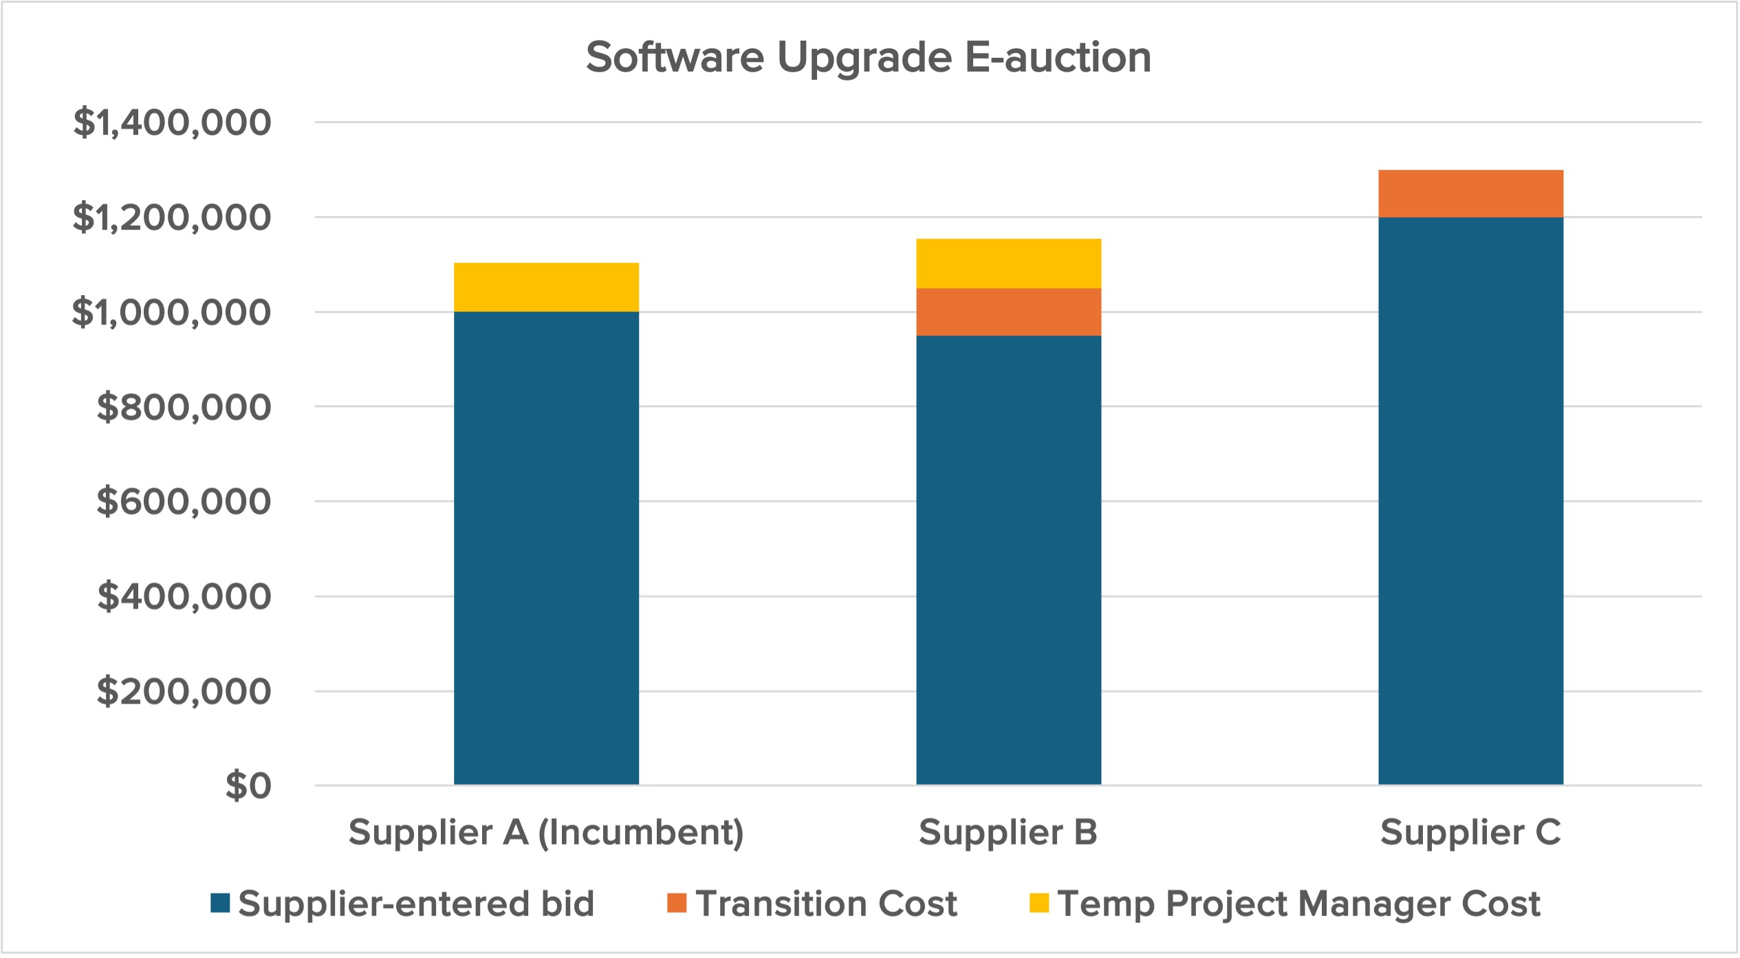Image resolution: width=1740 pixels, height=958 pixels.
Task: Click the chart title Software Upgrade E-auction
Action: click(x=868, y=57)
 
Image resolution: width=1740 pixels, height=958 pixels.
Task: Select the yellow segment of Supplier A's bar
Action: click(x=546, y=287)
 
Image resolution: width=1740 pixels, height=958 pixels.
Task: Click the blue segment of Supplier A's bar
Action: click(x=546, y=548)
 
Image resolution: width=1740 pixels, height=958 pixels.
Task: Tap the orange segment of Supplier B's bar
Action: click(x=1008, y=312)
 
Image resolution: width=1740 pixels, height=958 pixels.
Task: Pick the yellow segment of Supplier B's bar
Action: click(x=1008, y=263)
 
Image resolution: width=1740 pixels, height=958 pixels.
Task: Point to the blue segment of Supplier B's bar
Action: click(x=1008, y=560)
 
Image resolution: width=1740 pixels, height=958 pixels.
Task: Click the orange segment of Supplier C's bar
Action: click(x=1470, y=194)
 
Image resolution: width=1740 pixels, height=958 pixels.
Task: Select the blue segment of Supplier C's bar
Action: click(x=1470, y=501)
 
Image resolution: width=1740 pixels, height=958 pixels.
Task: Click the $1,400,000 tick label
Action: click(x=172, y=123)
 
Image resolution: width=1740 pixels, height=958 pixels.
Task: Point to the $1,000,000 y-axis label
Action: click(x=172, y=313)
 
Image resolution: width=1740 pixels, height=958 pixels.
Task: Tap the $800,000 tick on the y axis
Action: click(x=184, y=407)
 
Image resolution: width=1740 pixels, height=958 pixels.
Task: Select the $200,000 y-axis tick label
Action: click(x=184, y=691)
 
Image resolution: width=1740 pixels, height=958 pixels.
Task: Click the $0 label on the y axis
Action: click(x=248, y=785)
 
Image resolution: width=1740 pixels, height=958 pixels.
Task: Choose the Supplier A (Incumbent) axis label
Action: click(x=546, y=833)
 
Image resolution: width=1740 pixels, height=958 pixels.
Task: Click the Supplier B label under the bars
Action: click(x=1008, y=833)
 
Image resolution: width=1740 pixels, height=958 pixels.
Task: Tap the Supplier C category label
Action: click(x=1470, y=833)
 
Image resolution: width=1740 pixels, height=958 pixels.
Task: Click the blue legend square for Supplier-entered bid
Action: click(x=220, y=903)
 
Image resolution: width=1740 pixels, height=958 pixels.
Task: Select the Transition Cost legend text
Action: click(x=826, y=904)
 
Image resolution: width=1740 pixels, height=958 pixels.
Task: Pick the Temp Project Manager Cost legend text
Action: click(x=1298, y=904)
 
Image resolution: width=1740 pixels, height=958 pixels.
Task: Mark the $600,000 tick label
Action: click(x=184, y=501)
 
